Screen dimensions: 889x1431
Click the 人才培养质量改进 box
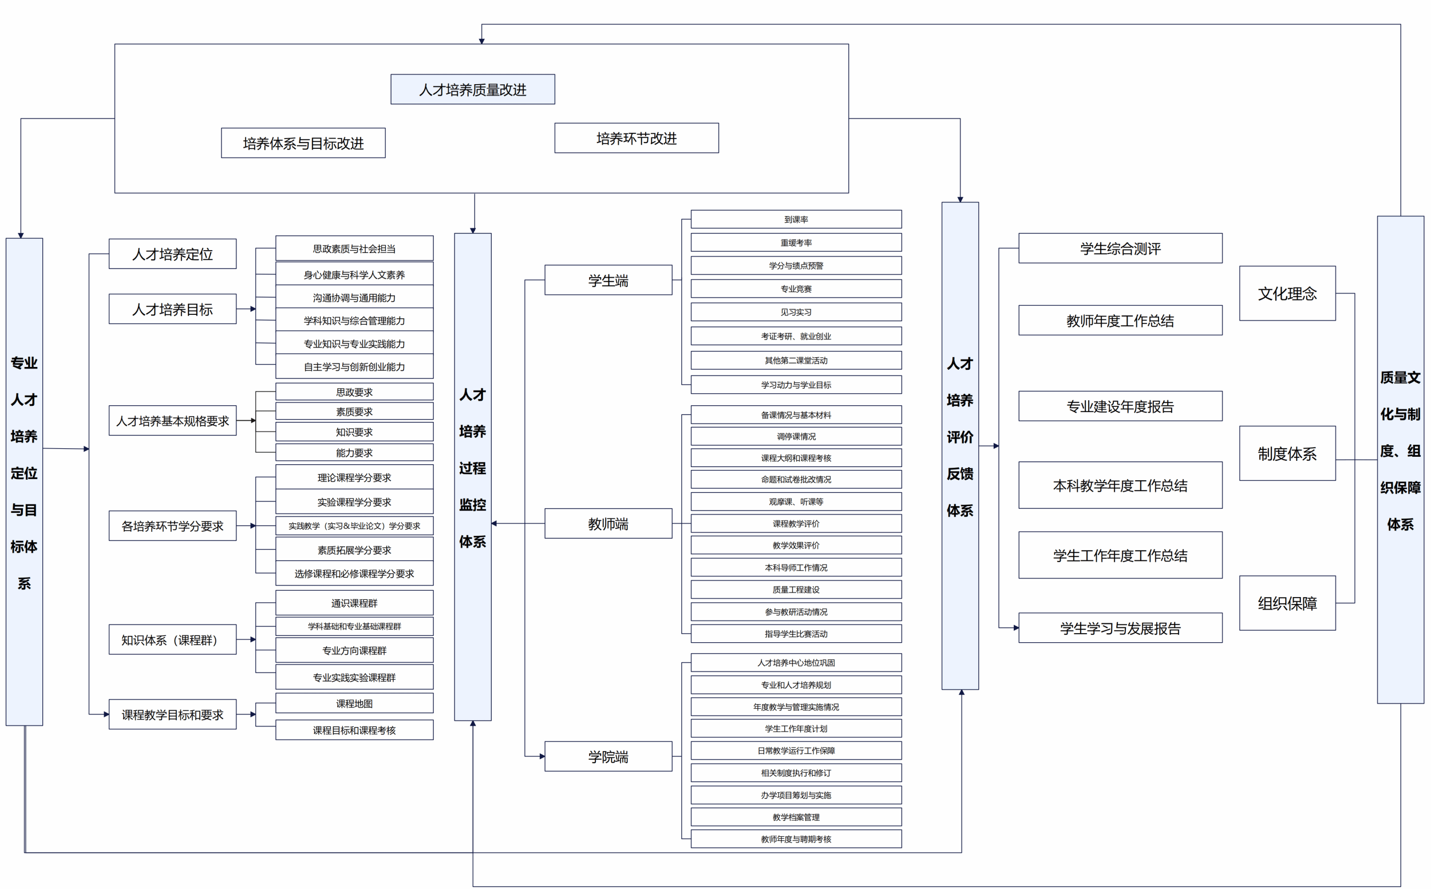[x=472, y=89]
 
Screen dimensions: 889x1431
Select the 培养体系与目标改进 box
[x=303, y=143]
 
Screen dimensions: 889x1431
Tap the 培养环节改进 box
[x=636, y=138]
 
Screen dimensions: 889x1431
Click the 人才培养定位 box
[x=172, y=254]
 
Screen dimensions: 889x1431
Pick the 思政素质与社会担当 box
[x=354, y=248]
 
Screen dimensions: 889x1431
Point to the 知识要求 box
[x=354, y=432]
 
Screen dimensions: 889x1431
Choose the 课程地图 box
[x=354, y=703]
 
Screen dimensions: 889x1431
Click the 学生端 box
[x=608, y=280]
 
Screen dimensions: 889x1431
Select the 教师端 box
[x=608, y=523]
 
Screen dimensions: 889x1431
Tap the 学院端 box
[x=608, y=756]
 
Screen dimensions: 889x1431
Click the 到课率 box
[x=796, y=219]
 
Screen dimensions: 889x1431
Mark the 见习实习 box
[x=796, y=312]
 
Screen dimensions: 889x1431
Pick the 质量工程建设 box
[x=796, y=590]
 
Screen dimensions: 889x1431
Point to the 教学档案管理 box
[x=796, y=817]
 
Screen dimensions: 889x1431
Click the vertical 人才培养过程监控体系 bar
[x=472, y=476]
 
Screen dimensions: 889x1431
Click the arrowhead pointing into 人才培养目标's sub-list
[x=253, y=309]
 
